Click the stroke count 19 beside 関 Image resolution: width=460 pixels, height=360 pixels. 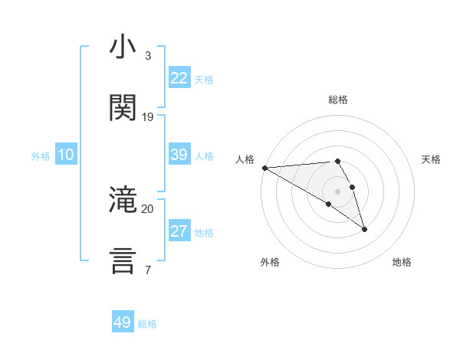(148, 117)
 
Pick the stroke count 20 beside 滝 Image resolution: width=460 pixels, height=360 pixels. (148, 208)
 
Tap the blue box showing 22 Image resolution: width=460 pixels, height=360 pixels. (179, 78)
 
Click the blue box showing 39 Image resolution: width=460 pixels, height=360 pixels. (179, 155)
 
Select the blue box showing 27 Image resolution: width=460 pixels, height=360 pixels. (179, 231)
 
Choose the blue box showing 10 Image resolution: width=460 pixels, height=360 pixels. (66, 155)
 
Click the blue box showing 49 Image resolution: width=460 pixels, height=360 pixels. (123, 322)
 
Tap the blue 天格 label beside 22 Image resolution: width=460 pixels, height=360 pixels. (204, 80)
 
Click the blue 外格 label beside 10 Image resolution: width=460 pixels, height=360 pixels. (41, 156)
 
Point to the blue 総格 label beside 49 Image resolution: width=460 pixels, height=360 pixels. (147, 324)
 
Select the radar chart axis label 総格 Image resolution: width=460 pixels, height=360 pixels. (338, 100)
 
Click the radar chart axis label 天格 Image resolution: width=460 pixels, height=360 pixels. (432, 159)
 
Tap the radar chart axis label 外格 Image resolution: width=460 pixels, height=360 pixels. (270, 262)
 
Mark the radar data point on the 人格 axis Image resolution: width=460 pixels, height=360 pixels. (264, 168)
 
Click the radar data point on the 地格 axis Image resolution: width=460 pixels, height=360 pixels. (364, 228)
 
